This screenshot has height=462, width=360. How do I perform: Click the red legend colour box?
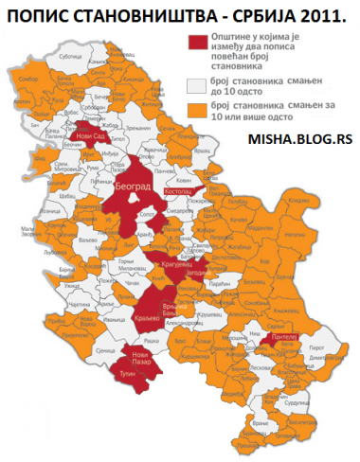pos(198,43)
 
